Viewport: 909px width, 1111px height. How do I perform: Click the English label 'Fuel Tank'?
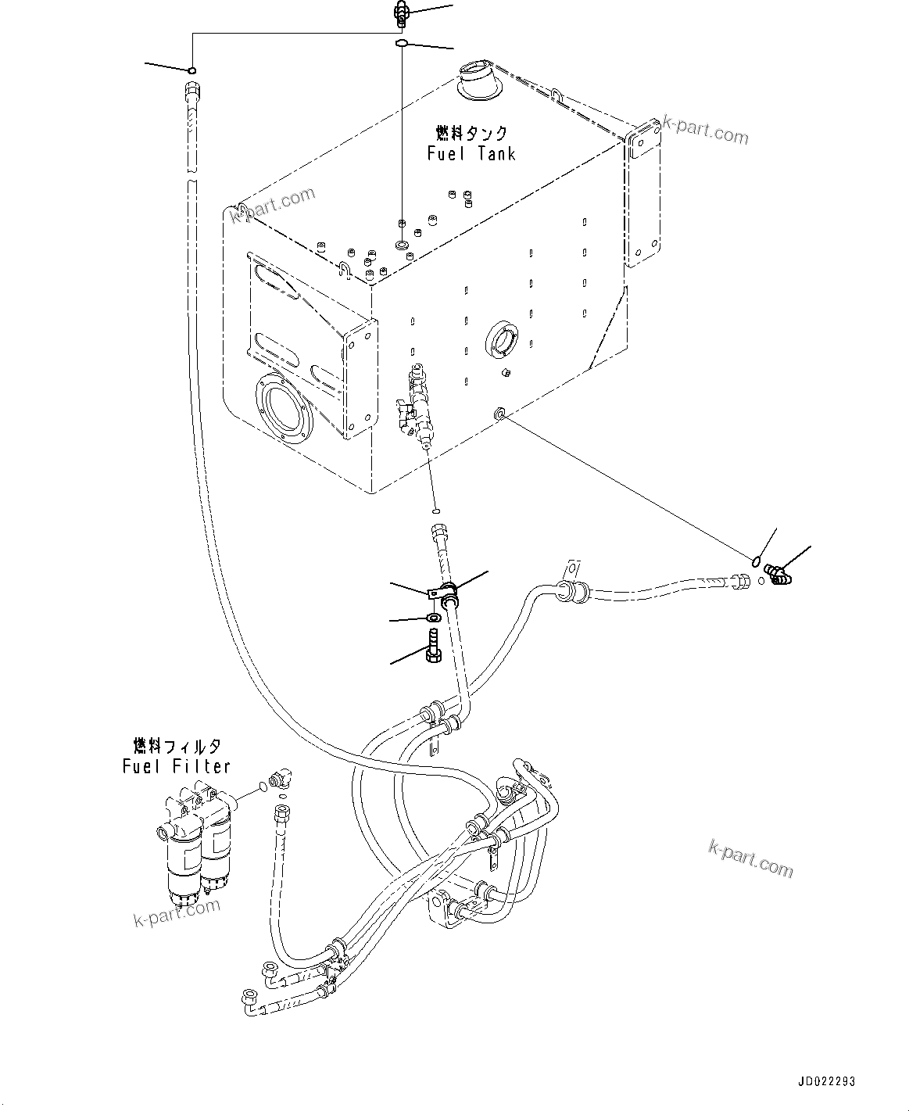click(x=471, y=153)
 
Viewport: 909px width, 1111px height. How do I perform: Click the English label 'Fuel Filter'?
click(x=177, y=766)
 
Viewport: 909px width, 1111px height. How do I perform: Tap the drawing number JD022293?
click(x=826, y=1082)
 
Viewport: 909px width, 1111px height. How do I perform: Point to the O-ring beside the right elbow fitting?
click(x=756, y=560)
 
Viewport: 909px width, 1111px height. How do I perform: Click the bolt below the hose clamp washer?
click(x=433, y=649)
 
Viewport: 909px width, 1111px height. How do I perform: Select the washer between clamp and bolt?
click(x=433, y=619)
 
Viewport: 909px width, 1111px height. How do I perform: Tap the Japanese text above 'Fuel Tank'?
click(x=471, y=133)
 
